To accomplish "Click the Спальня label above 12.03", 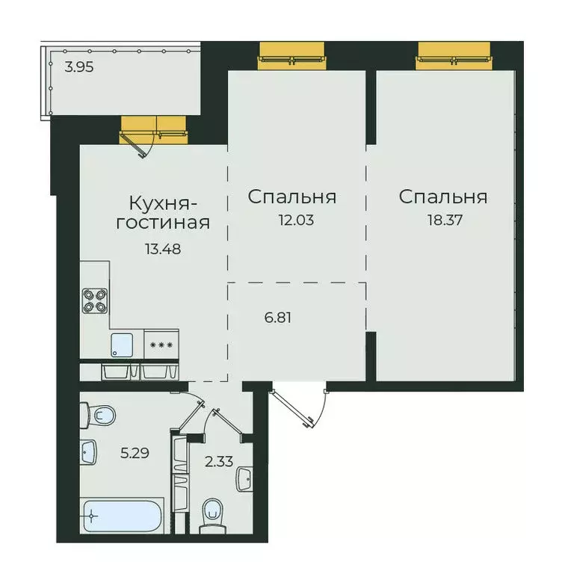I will pyautogui.click(x=291, y=197).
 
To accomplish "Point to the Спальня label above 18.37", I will pyautogui.click(x=442, y=197).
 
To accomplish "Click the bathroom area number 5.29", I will pyautogui.click(x=135, y=451).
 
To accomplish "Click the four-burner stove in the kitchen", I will pyautogui.click(x=95, y=299).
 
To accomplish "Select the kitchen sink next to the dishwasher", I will pyautogui.click(x=123, y=344).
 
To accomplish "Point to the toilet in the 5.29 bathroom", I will pyautogui.click(x=98, y=413).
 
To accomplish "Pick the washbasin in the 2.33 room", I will pyautogui.click(x=244, y=479).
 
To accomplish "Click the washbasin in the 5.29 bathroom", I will pyautogui.click(x=90, y=451).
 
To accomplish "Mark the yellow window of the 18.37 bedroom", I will pyautogui.click(x=452, y=56).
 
